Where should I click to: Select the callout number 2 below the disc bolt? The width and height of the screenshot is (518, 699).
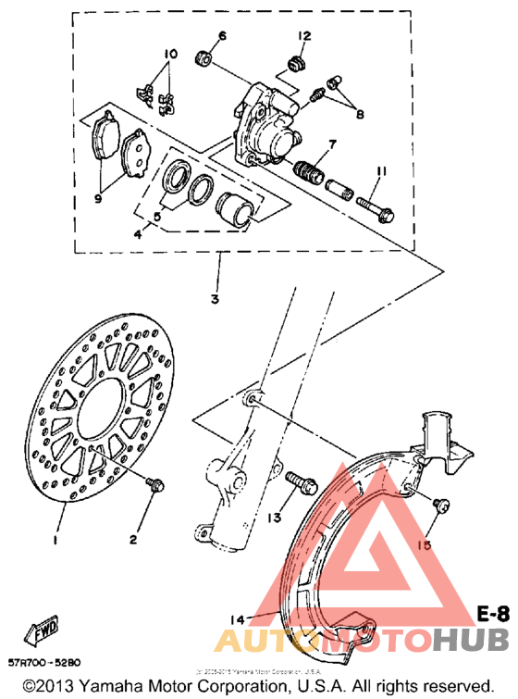click(133, 539)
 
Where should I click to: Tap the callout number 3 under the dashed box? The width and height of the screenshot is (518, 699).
click(214, 299)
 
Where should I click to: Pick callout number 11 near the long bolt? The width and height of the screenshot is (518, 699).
click(379, 172)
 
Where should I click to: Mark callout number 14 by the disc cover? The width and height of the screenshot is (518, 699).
click(237, 619)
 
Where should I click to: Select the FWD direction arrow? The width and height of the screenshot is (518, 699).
click(43, 633)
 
